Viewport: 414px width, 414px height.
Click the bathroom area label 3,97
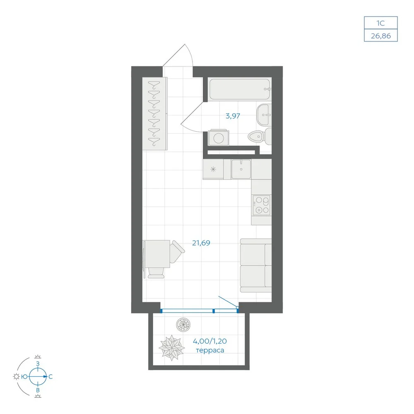233,116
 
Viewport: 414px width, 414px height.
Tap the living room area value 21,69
201,243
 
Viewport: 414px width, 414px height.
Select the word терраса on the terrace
210,350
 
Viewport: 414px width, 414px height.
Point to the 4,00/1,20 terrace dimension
209,341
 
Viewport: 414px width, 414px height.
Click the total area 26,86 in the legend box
381,36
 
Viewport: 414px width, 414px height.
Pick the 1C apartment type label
380,23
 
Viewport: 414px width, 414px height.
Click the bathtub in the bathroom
240,89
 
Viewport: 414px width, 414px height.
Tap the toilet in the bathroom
260,136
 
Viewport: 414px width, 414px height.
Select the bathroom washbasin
264,115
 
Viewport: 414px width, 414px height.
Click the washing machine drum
219,138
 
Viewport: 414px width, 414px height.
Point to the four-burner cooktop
261,205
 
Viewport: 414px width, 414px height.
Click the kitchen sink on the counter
241,169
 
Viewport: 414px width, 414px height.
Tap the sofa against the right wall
256,265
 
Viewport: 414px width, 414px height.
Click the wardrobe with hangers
155,114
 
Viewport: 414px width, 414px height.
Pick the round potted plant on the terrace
183,324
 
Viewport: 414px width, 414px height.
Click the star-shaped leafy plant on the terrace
172,347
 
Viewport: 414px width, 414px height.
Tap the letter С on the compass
51,377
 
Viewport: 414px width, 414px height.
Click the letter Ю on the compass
24,377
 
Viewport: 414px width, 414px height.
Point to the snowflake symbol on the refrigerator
213,169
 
